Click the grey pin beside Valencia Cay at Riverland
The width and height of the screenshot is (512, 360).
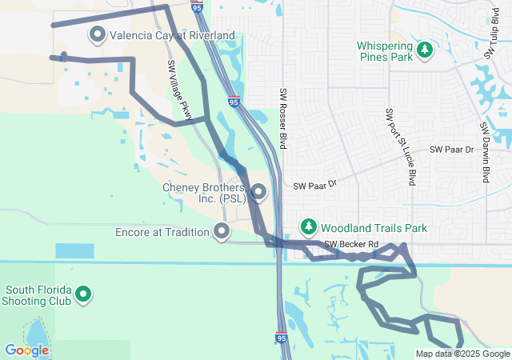tap(98, 35)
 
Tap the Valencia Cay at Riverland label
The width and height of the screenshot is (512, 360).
tap(172, 36)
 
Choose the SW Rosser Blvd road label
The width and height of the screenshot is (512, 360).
tap(282, 118)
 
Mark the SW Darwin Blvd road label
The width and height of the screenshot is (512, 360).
tap(485, 152)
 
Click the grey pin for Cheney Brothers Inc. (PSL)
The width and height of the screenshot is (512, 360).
tap(258, 192)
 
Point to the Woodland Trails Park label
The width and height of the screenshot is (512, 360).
tap(374, 228)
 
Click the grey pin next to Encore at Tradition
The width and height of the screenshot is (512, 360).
tap(222, 232)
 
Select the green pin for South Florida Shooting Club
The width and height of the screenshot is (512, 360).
tap(82, 295)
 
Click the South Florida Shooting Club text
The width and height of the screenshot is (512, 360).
tap(38, 295)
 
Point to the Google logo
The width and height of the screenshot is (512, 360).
tap(26, 350)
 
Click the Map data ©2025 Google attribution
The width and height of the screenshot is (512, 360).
tap(462, 354)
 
